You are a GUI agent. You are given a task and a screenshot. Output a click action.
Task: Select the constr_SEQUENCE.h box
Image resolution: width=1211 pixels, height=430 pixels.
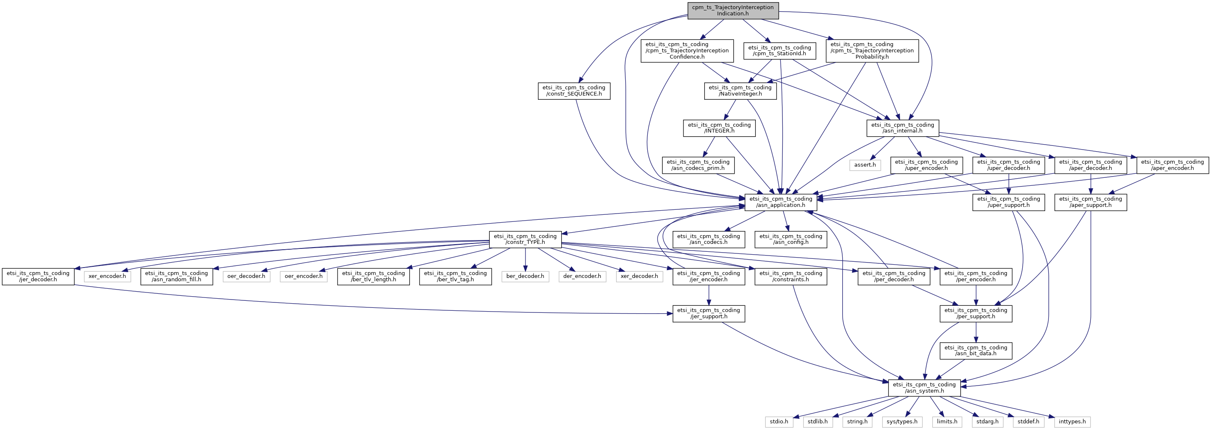pos(574,91)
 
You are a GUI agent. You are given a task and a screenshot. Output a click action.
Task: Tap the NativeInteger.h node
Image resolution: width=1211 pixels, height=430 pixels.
pos(740,91)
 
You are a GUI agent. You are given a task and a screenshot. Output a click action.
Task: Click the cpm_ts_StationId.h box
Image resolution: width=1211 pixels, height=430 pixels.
pos(779,51)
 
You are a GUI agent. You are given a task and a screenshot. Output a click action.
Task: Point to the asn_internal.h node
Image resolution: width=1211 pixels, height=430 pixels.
pos(903,128)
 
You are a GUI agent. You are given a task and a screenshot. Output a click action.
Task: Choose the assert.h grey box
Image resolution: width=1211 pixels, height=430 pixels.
pos(865,165)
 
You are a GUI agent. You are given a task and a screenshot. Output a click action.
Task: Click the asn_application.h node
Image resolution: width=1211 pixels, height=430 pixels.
pos(780,202)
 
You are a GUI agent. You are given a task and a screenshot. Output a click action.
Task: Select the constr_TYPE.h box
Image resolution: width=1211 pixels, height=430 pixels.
pos(525,239)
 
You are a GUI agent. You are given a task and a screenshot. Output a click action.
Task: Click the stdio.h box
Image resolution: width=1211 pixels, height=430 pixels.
pos(779,422)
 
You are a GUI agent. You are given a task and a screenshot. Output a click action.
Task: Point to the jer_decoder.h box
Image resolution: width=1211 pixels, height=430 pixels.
pos(37,276)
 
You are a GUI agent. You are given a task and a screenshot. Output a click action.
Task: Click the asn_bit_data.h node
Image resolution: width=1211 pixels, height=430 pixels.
pos(976,351)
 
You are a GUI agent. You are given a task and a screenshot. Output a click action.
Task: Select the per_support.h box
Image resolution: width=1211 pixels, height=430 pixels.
pos(976,313)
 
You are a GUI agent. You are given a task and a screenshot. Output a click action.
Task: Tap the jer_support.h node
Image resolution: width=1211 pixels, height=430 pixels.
pos(708,313)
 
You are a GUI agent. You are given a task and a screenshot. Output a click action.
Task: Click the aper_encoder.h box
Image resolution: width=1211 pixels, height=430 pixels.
pos(1172,165)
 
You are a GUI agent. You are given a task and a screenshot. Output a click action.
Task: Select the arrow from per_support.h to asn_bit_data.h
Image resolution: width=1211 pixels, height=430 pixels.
pos(976,332)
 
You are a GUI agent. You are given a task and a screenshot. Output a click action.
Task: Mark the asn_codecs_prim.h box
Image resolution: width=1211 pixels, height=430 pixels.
pos(698,165)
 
